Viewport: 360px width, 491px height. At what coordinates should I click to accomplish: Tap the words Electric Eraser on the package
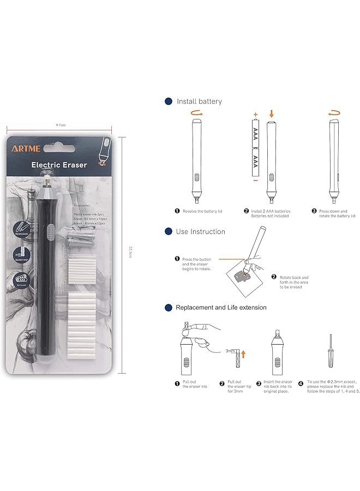click(59, 165)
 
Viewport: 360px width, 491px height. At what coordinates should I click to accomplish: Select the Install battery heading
click(199, 101)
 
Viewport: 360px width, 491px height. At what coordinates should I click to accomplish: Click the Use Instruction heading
click(200, 232)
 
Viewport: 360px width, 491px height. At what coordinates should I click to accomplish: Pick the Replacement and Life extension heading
click(221, 308)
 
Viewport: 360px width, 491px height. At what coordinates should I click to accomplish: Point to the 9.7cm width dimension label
click(61, 125)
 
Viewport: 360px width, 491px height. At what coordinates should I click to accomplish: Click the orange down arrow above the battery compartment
click(271, 114)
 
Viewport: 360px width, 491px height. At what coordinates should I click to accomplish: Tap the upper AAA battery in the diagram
click(255, 134)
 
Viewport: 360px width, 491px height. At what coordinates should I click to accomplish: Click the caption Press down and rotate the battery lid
click(337, 213)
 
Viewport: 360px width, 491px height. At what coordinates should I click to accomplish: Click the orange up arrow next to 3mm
click(243, 354)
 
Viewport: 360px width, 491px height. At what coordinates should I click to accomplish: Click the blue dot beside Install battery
click(168, 101)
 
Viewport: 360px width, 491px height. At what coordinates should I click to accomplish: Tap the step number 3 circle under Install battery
click(314, 211)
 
